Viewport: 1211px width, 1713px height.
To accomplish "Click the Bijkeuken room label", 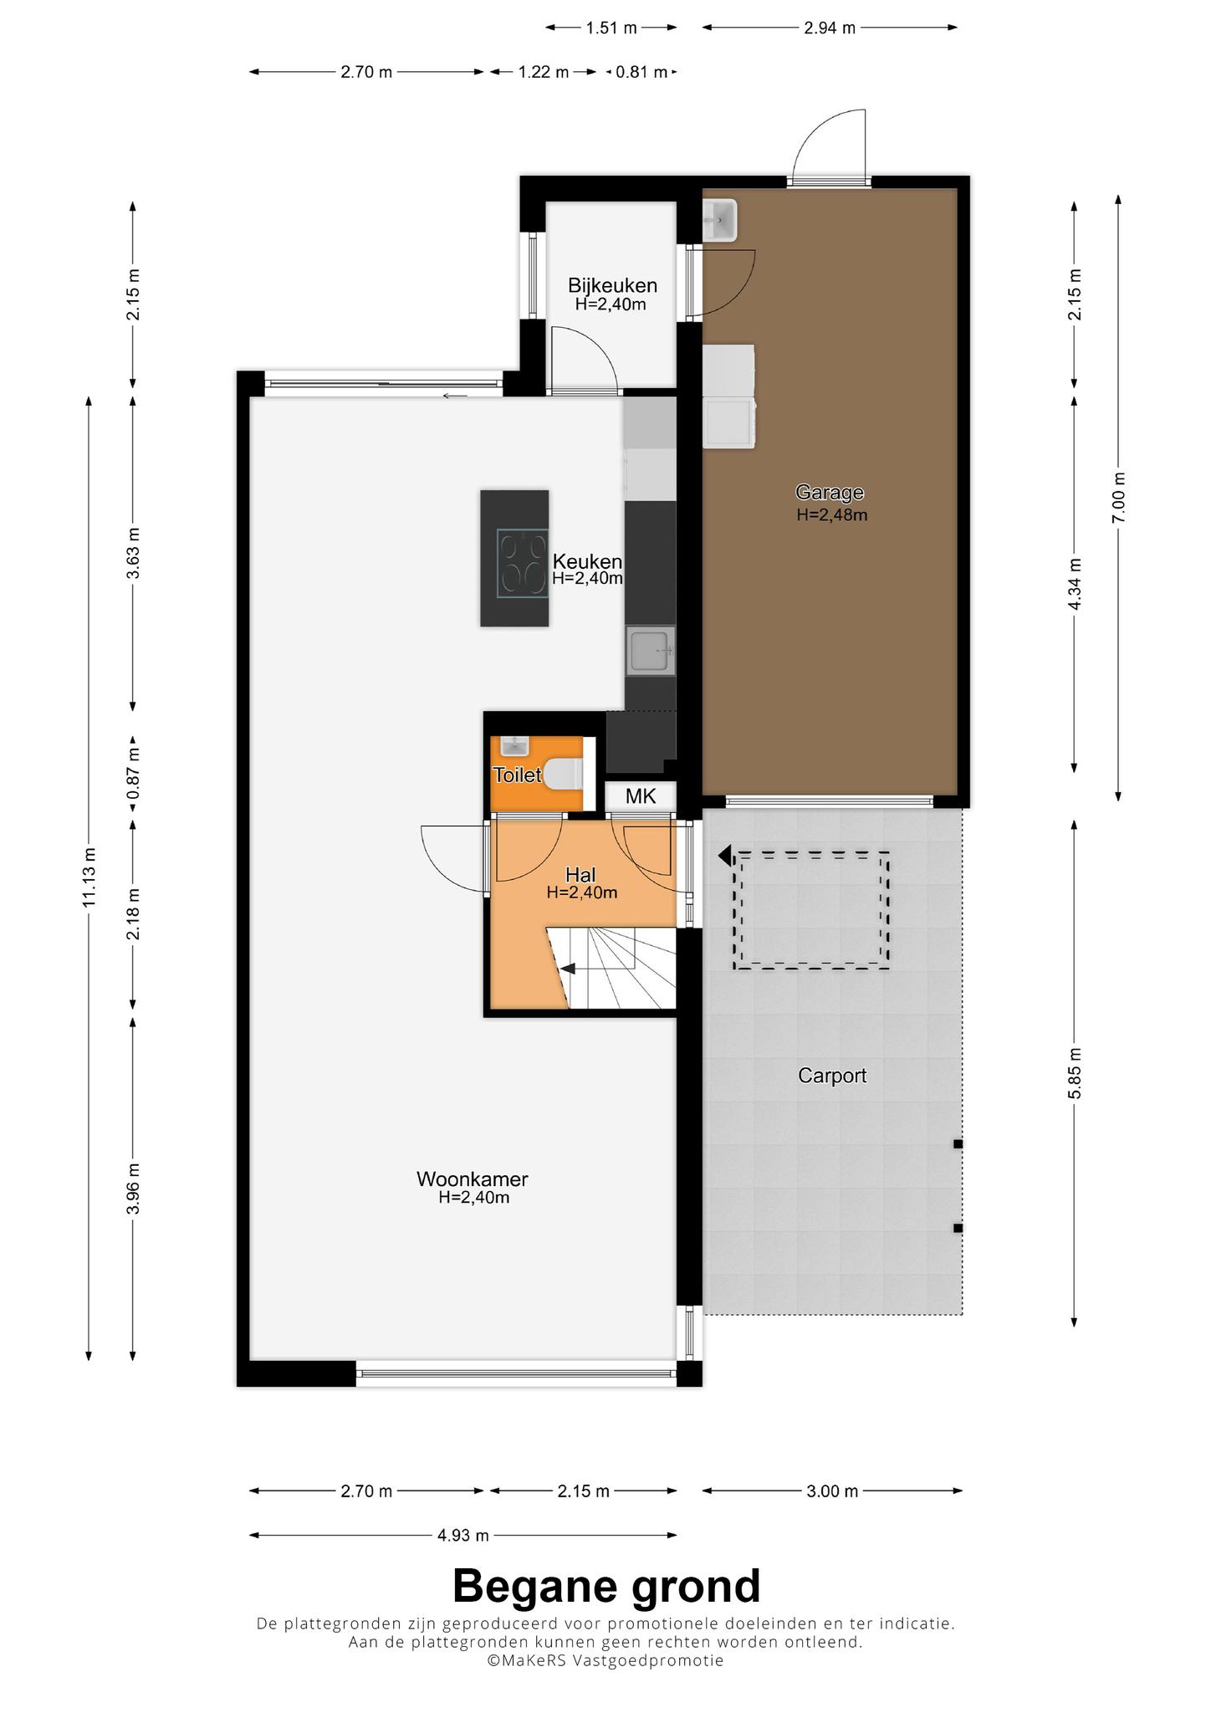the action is click(612, 285).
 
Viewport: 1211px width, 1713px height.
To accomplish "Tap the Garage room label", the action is click(829, 493).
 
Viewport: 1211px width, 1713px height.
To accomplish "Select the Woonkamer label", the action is click(473, 1179).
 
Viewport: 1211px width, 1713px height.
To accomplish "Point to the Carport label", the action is click(831, 1076).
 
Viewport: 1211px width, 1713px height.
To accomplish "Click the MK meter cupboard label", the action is click(641, 796).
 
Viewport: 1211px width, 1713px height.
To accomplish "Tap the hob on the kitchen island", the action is click(523, 563).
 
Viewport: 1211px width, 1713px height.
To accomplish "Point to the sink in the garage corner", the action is click(719, 220).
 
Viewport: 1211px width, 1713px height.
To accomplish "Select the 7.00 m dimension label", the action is click(1119, 498).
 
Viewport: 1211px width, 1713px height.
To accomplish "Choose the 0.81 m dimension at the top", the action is click(641, 72).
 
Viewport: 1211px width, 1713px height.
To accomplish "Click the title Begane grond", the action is click(606, 1586).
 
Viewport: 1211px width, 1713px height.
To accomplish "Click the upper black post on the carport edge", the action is click(958, 1143).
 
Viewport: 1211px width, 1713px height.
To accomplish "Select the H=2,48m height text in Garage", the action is click(831, 515).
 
